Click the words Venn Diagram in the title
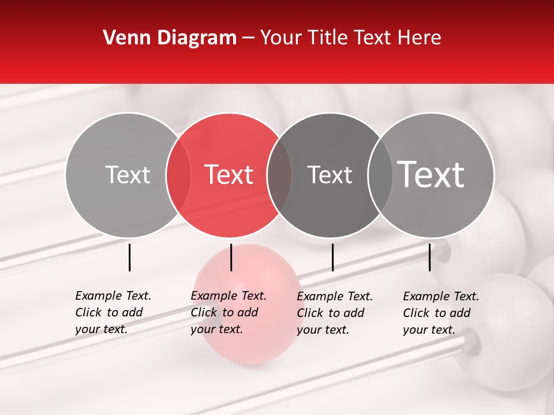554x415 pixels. tap(170, 38)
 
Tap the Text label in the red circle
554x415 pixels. tap(229, 175)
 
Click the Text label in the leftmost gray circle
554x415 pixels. tap(128, 175)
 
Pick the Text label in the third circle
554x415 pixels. tap(330, 175)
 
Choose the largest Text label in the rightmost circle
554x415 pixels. tap(431, 175)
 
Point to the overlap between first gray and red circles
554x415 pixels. tap(178, 175)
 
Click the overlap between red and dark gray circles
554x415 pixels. tap(279, 175)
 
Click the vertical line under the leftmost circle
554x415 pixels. tap(129, 257)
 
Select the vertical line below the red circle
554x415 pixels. tap(231, 257)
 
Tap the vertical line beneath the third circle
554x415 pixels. tap(332, 257)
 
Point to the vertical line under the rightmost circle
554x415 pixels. tap(429, 257)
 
